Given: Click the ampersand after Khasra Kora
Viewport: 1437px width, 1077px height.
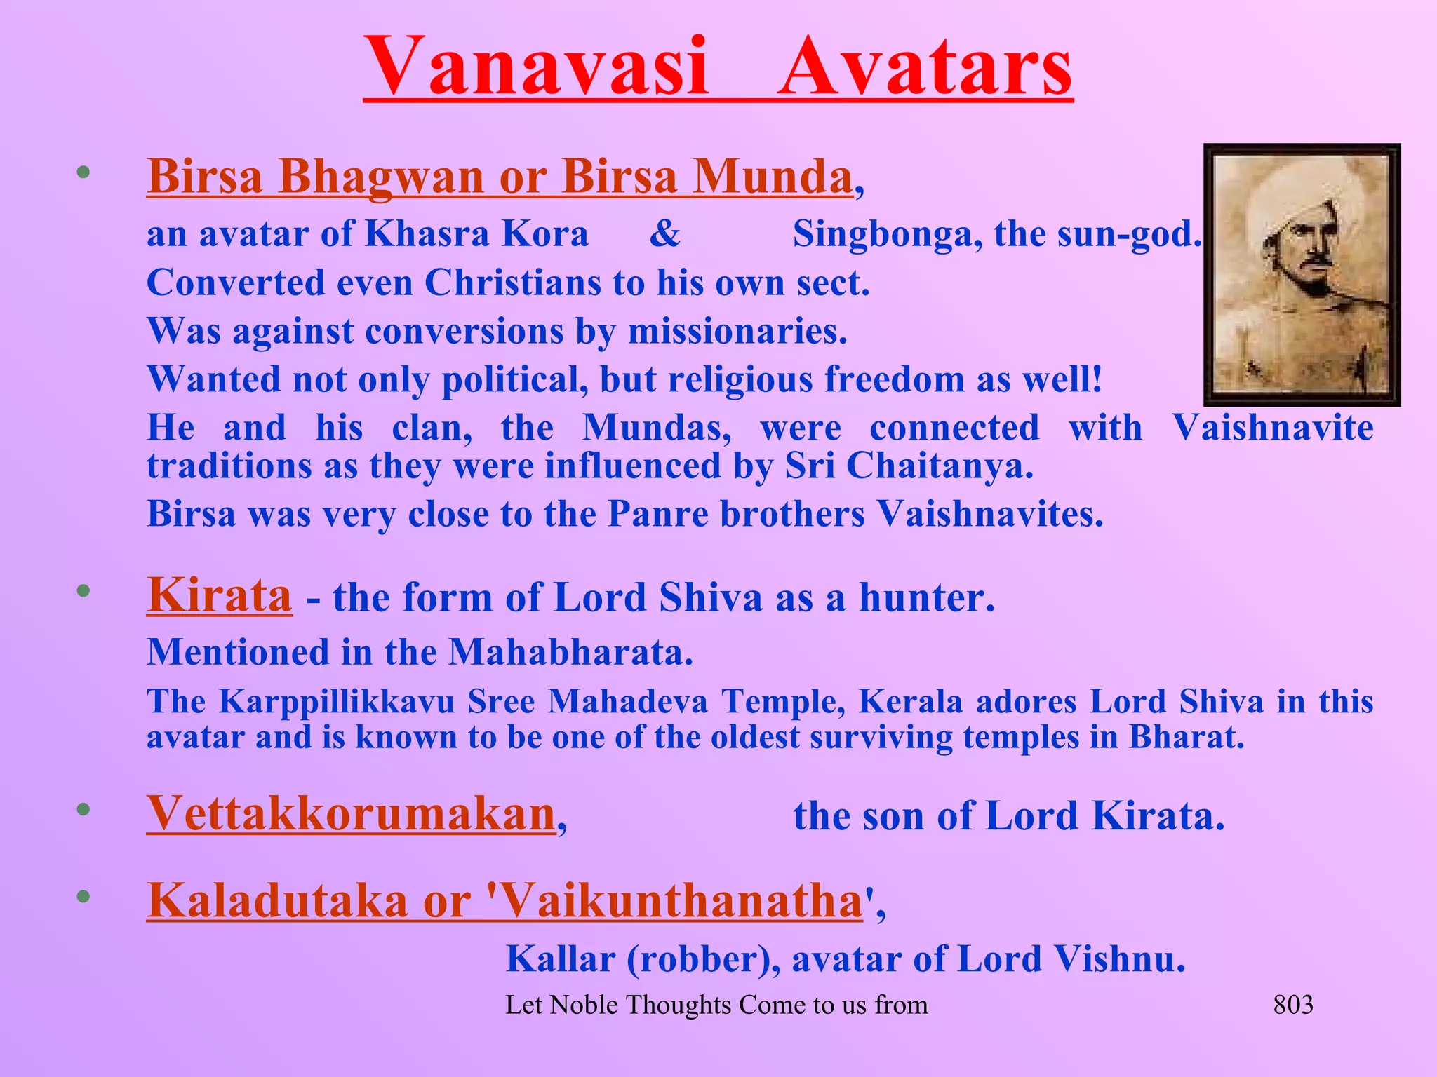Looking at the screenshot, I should click(x=664, y=233).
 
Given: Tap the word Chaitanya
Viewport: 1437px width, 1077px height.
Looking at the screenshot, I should click(x=940, y=466).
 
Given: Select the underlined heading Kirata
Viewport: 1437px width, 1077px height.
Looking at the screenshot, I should click(x=219, y=596).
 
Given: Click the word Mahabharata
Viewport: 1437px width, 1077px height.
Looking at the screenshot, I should click(x=570, y=653).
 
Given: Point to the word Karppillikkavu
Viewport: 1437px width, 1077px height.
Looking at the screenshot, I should click(x=337, y=702).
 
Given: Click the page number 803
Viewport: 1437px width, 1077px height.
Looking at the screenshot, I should click(x=1292, y=1005).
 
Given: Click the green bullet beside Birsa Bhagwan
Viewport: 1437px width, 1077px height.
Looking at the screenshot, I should click(x=83, y=172).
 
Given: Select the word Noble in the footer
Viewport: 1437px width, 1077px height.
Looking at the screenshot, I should click(x=584, y=1005).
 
